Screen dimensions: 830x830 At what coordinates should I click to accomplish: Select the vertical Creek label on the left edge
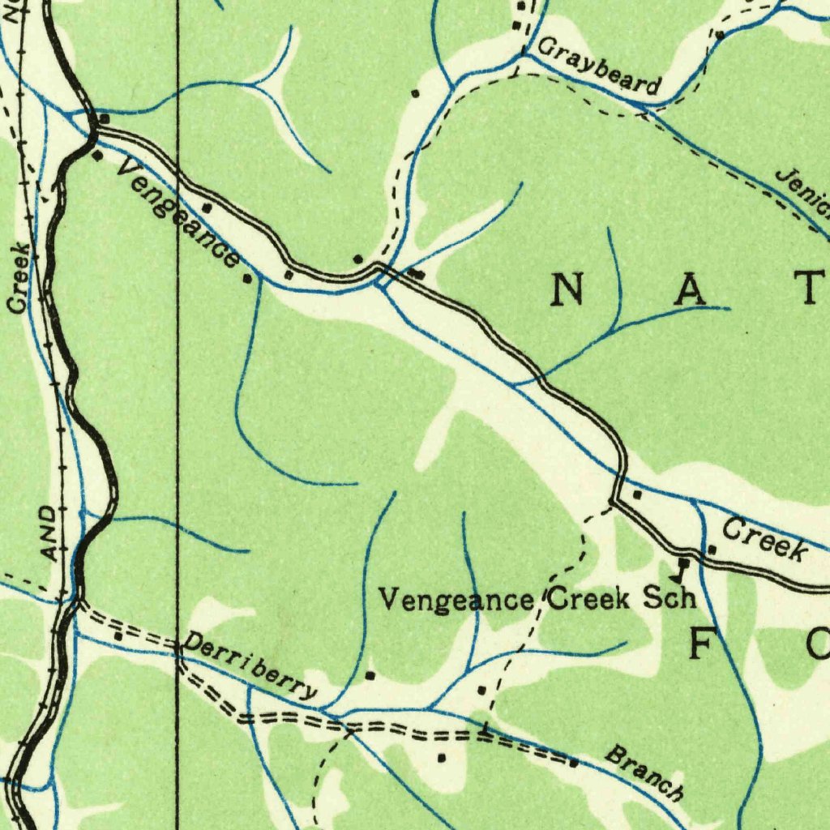[x=20, y=278]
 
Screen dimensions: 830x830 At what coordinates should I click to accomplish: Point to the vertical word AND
[x=49, y=533]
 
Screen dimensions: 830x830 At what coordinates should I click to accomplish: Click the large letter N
[x=568, y=290]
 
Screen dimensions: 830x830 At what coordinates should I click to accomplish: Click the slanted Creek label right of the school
[x=764, y=541]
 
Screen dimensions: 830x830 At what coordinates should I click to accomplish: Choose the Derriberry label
[x=250, y=666]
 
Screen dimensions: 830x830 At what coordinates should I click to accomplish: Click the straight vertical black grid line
[x=178, y=405]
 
